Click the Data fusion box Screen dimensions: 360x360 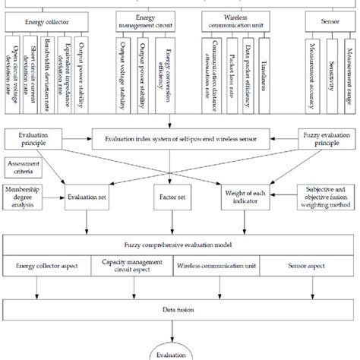(x=180, y=309)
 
